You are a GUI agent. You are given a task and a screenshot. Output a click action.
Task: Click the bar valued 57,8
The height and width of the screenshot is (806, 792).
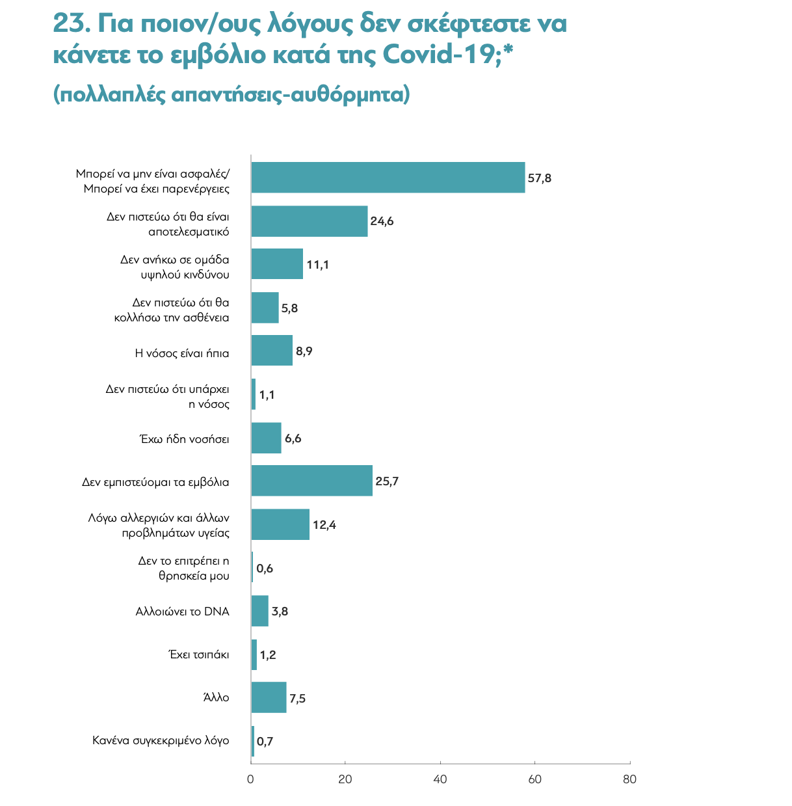[388, 178]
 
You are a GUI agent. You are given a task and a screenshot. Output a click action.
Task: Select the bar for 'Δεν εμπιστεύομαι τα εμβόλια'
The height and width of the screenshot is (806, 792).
[311, 481]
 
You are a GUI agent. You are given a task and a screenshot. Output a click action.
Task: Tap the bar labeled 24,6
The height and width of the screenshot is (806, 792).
[309, 221]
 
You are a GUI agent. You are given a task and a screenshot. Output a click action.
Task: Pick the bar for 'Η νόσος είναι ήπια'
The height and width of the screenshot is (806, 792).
[272, 351]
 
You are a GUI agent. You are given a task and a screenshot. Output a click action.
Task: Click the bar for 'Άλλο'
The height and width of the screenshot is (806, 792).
[269, 697]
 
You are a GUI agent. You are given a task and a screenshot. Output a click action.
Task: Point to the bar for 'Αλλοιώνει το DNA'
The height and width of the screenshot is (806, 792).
[260, 611]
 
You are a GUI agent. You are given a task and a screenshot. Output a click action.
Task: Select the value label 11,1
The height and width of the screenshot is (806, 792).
[318, 265]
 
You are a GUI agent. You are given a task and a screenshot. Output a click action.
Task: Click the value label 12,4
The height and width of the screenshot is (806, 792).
[324, 525]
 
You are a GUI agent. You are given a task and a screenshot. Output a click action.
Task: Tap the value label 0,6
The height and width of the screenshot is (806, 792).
[265, 569]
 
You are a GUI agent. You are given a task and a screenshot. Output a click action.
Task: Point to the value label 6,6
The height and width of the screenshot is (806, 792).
[293, 438]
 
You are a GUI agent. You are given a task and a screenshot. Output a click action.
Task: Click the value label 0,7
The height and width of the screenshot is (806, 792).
[265, 741]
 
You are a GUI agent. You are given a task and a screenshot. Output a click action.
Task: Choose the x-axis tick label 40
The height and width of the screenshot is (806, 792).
[440, 779]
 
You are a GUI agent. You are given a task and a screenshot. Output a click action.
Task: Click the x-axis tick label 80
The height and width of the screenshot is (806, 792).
[629, 779]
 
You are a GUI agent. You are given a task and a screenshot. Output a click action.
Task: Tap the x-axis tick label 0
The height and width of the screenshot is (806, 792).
[251, 779]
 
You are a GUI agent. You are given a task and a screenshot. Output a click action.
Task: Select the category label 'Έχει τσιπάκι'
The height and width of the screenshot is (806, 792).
[198, 654]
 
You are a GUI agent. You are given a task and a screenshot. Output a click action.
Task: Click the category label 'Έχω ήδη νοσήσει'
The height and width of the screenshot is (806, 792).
[185, 438]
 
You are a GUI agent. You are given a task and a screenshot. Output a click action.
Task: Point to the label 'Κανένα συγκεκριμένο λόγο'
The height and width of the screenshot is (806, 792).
[161, 740]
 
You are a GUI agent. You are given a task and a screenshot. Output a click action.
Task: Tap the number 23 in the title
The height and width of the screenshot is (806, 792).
[68, 24]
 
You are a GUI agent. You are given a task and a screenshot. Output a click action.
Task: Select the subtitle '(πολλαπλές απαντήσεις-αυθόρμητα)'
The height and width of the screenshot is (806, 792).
[231, 94]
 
